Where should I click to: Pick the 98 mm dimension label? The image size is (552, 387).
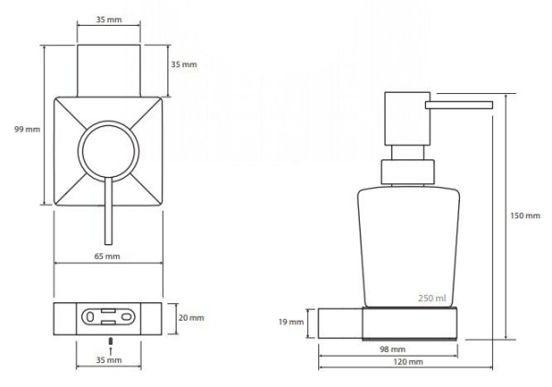tap(392, 350)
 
